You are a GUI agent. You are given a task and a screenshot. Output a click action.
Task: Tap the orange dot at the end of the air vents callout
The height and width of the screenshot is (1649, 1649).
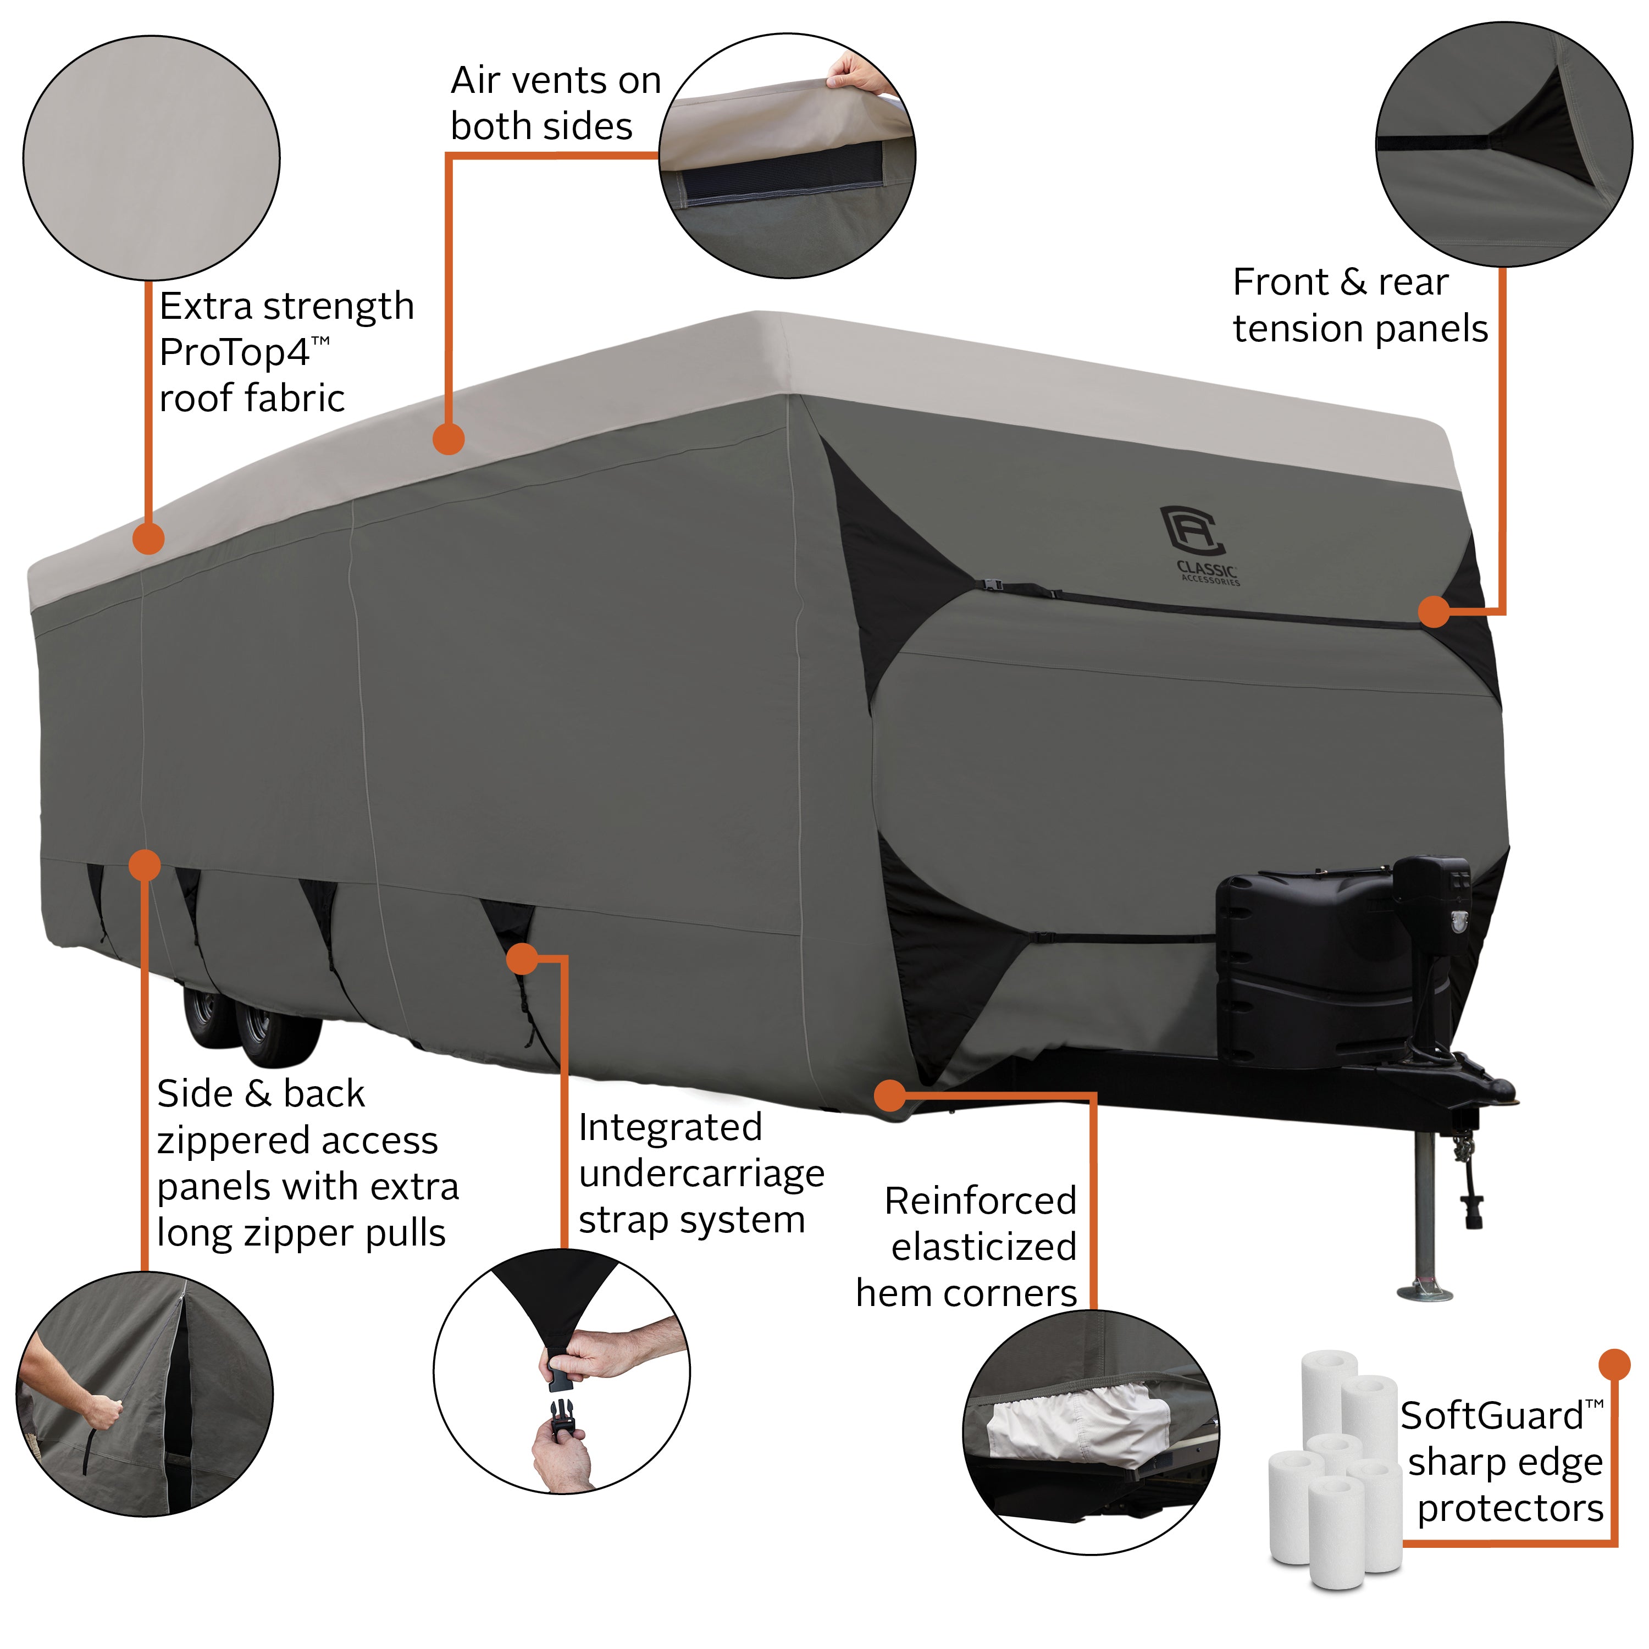tap(448, 440)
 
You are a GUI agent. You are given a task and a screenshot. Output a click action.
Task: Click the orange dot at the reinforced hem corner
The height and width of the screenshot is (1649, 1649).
tap(889, 1095)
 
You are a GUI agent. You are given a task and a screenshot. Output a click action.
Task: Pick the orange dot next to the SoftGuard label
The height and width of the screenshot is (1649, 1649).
tap(1613, 1364)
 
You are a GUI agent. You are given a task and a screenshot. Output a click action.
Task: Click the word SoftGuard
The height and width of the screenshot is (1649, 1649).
tap(1491, 1417)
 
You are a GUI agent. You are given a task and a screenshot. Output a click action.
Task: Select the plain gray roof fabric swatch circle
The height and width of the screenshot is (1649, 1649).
tap(151, 158)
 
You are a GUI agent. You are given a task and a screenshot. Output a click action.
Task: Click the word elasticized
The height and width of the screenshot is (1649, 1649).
tap(983, 1247)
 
